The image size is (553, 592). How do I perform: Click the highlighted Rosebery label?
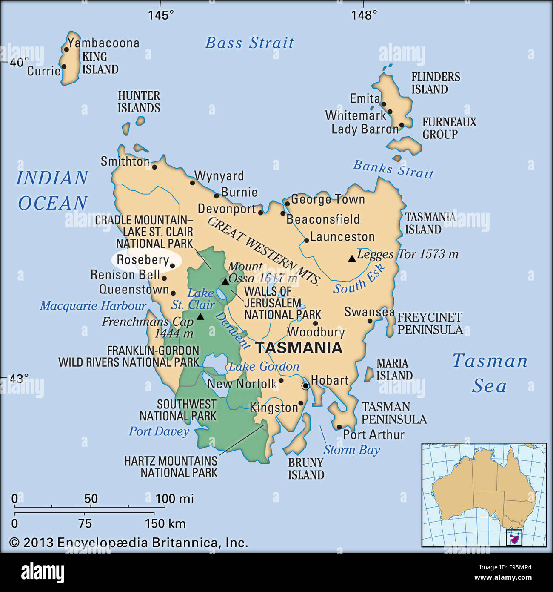click(143, 260)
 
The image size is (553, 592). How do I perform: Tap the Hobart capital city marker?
click(305, 386)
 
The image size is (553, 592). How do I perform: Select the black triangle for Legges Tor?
click(352, 258)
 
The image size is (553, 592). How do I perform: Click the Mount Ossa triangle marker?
click(225, 282)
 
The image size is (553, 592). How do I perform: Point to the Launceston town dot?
click(306, 241)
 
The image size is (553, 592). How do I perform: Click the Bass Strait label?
click(250, 43)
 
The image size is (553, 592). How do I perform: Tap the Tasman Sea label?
click(490, 373)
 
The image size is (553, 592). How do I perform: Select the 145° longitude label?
click(161, 15)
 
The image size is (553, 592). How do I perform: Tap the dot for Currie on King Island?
click(64, 66)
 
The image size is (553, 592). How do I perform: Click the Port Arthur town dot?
click(339, 427)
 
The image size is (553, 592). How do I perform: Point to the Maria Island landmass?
click(369, 374)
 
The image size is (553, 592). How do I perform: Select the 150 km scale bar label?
click(165, 523)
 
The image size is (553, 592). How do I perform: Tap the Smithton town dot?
click(154, 167)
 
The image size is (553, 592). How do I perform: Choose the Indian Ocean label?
click(52, 190)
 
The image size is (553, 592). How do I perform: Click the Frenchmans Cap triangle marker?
click(200, 317)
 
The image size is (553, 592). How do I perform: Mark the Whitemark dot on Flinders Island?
click(390, 112)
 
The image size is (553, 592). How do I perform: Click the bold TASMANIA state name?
click(299, 348)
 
